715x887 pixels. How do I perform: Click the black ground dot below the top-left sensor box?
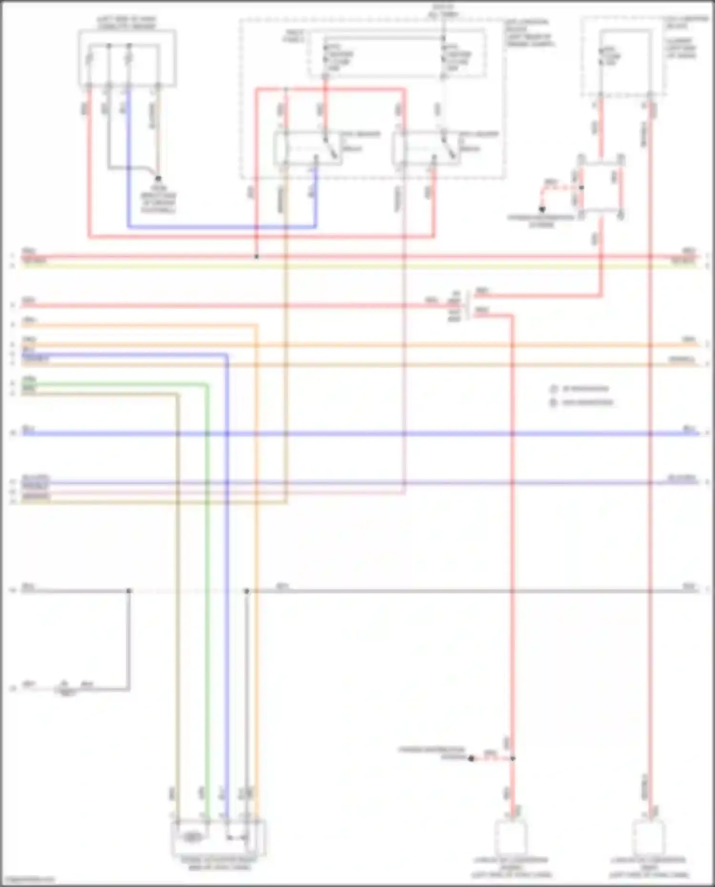[x=158, y=179]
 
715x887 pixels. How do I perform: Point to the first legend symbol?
[x=553, y=389]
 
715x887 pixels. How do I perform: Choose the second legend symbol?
[x=553, y=403]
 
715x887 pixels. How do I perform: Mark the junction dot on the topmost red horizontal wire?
[x=256, y=257]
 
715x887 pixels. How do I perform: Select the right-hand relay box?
[x=427, y=149]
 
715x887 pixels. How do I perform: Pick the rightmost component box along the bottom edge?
[x=649, y=838]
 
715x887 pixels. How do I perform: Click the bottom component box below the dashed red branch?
[x=511, y=838]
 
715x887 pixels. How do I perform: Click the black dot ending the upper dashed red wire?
[x=542, y=209]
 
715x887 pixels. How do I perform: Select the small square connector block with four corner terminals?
[x=601, y=187]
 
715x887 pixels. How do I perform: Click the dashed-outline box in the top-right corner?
[x=623, y=56]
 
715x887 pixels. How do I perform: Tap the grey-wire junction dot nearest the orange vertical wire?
[x=246, y=591]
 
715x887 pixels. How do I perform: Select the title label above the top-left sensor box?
[x=127, y=23]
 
